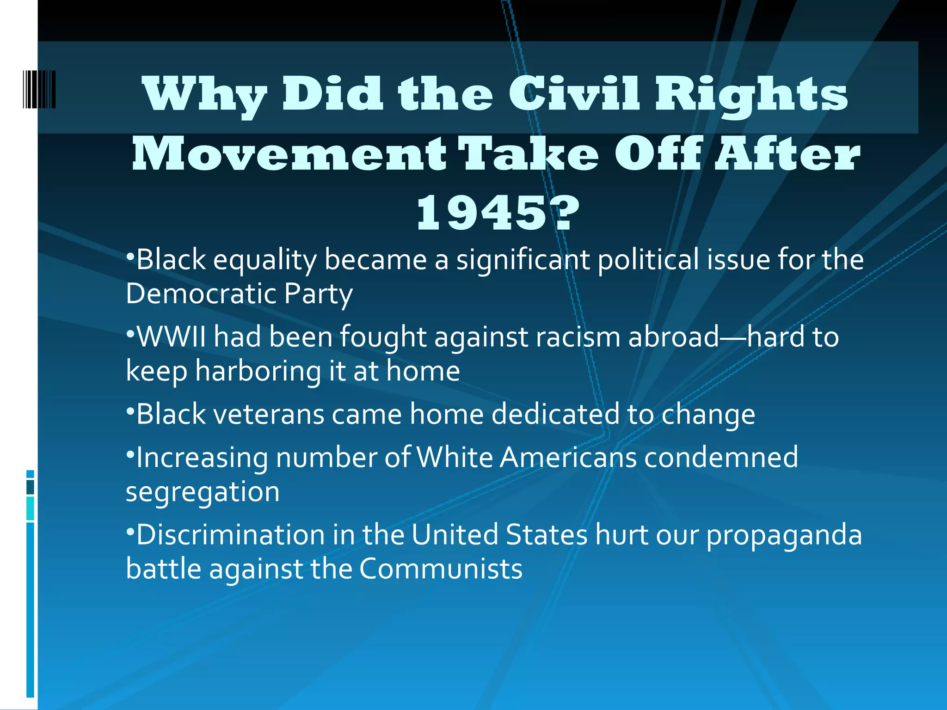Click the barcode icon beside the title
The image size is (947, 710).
39,89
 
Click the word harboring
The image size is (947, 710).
258,371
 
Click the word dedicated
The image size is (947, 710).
555,414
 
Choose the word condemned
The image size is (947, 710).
721,457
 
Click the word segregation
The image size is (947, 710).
203,492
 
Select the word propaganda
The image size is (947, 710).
784,535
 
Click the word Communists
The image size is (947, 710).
441,569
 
